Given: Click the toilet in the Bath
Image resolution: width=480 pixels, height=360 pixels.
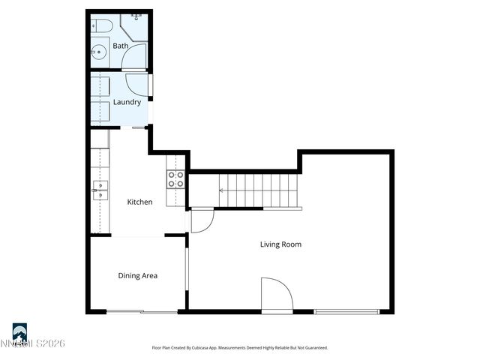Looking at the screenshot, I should pos(102,26).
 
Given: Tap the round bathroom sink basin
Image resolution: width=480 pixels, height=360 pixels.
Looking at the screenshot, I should pos(99,52).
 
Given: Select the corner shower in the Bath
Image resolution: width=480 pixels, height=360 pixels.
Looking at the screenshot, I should pos(135,26).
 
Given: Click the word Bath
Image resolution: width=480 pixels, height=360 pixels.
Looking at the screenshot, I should pos(120,46).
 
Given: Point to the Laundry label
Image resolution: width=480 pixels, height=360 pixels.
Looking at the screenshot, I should pos(127,102).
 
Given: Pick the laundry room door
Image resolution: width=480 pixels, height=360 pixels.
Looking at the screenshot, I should pos(137,84).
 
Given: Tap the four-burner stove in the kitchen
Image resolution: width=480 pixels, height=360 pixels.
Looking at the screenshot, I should pos(175,178).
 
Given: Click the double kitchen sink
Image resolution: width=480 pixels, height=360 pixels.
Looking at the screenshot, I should pos(100,187).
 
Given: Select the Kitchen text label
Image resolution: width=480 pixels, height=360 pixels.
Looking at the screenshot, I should pos(139,202).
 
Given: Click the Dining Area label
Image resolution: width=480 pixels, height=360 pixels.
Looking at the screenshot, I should pos(137,276).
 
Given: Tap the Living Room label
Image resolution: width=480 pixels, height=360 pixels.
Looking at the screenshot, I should pos(280,244).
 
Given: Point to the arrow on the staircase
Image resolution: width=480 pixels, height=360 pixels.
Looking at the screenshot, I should pos(223,190).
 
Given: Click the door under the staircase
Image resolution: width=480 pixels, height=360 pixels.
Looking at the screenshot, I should pos(202,220).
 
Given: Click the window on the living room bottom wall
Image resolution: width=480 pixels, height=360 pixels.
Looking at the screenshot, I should pos(346,311).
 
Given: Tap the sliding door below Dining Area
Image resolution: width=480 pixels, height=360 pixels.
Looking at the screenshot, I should pos(141,311).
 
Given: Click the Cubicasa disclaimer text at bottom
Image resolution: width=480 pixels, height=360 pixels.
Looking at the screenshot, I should pos(240,347).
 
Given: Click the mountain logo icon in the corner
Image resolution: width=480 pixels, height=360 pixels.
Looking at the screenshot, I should pos(19,331).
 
